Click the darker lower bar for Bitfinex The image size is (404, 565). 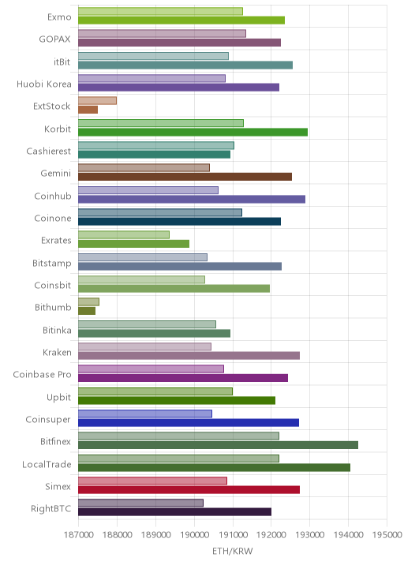click(x=218, y=445)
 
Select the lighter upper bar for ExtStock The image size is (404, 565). click(x=97, y=100)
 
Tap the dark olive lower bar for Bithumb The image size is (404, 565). click(x=87, y=311)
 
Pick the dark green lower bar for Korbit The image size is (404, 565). click(x=193, y=133)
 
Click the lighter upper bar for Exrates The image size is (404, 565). click(x=124, y=234)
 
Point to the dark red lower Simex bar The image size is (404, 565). click(x=189, y=490)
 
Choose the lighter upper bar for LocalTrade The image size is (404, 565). click(x=178, y=458)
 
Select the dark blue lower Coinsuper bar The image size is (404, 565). click(x=189, y=423)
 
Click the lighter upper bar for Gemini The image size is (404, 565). click(x=144, y=167)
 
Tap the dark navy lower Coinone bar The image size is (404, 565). click(x=179, y=221)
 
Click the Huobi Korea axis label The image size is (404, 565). click(x=44, y=84)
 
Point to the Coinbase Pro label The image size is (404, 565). click(x=42, y=375)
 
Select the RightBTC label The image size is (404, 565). click(x=50, y=509)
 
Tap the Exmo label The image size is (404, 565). click(x=59, y=17)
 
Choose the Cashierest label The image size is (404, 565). click(x=49, y=151)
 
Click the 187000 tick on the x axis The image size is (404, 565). click(x=78, y=534)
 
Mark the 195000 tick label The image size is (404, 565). click(x=387, y=534)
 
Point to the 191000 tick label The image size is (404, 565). click(x=233, y=534)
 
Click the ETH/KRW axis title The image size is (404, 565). click(x=233, y=552)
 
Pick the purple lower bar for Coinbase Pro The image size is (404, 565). click(x=183, y=378)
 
